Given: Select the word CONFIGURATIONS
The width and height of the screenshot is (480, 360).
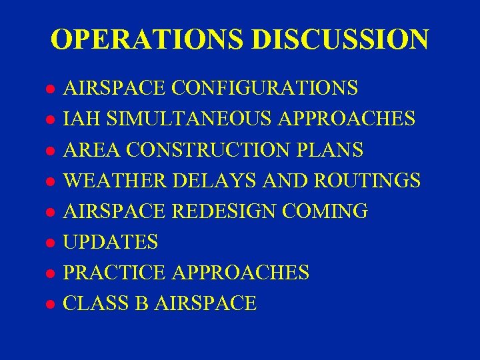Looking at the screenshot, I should coord(265,88).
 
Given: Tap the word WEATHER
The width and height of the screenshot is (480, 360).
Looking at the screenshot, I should coord(115,180).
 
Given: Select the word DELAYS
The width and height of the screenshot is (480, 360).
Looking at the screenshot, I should coord(214,180).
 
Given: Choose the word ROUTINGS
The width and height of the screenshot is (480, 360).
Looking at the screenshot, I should coord(369,180).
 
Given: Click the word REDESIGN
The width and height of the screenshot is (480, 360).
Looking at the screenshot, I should coord(225,211).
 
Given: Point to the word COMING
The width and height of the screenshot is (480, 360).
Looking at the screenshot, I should coord(326,211).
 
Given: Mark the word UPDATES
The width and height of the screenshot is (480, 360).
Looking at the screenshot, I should coord(111,242).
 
